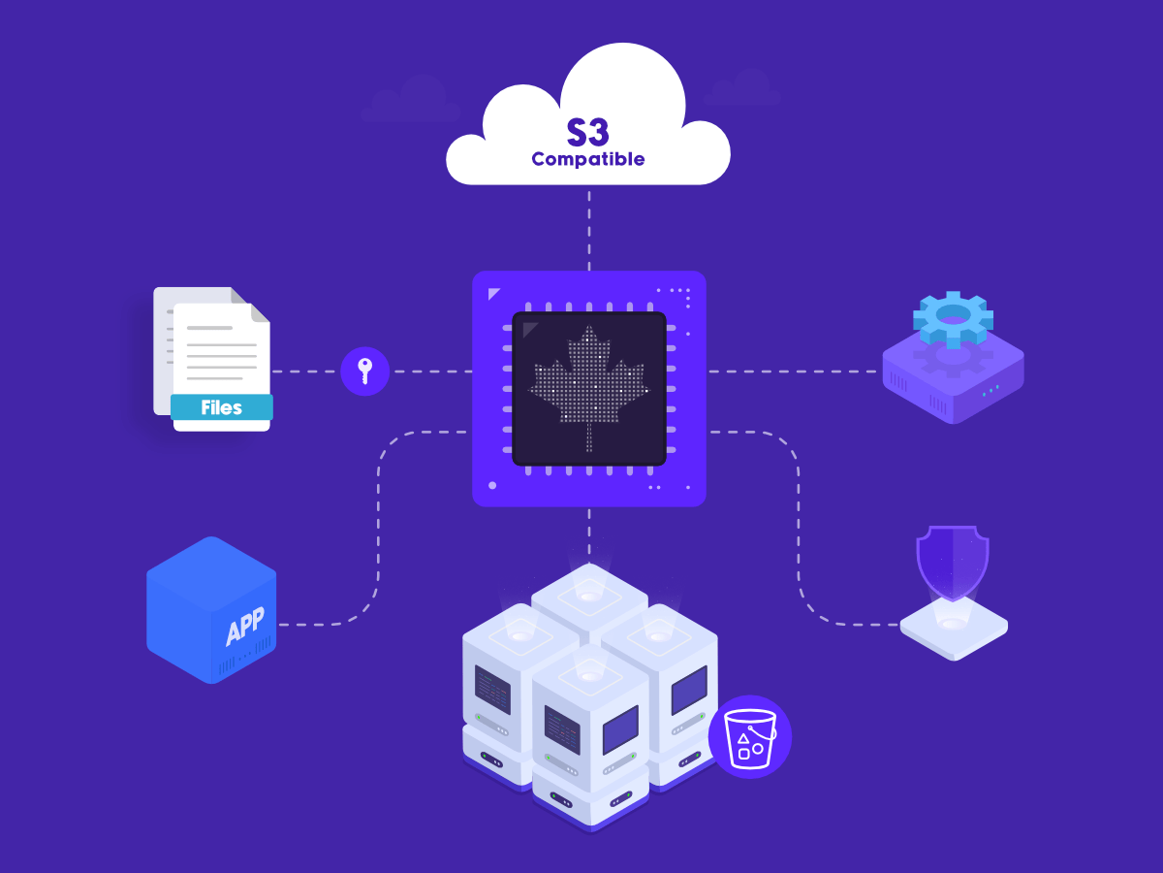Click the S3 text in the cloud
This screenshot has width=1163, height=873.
pyautogui.click(x=587, y=132)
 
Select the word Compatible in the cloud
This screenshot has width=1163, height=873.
pyautogui.click(x=588, y=159)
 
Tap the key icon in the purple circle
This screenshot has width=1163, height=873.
pyautogui.click(x=365, y=372)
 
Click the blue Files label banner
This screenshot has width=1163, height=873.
pyautogui.click(x=222, y=407)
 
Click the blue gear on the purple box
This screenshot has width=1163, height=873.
pyautogui.click(x=954, y=318)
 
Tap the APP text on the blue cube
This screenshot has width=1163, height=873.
pyautogui.click(x=245, y=626)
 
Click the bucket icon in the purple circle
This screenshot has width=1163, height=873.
pyautogui.click(x=750, y=738)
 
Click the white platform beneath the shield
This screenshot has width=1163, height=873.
pyautogui.click(x=954, y=629)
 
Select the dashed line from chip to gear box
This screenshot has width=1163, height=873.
pyautogui.click(x=795, y=372)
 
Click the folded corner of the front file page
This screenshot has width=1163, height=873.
pyautogui.click(x=260, y=312)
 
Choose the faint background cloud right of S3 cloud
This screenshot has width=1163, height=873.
pyautogui.click(x=742, y=87)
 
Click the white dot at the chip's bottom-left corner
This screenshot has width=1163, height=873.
pyautogui.click(x=492, y=486)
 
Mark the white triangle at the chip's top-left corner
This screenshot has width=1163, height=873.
pyautogui.click(x=493, y=294)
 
